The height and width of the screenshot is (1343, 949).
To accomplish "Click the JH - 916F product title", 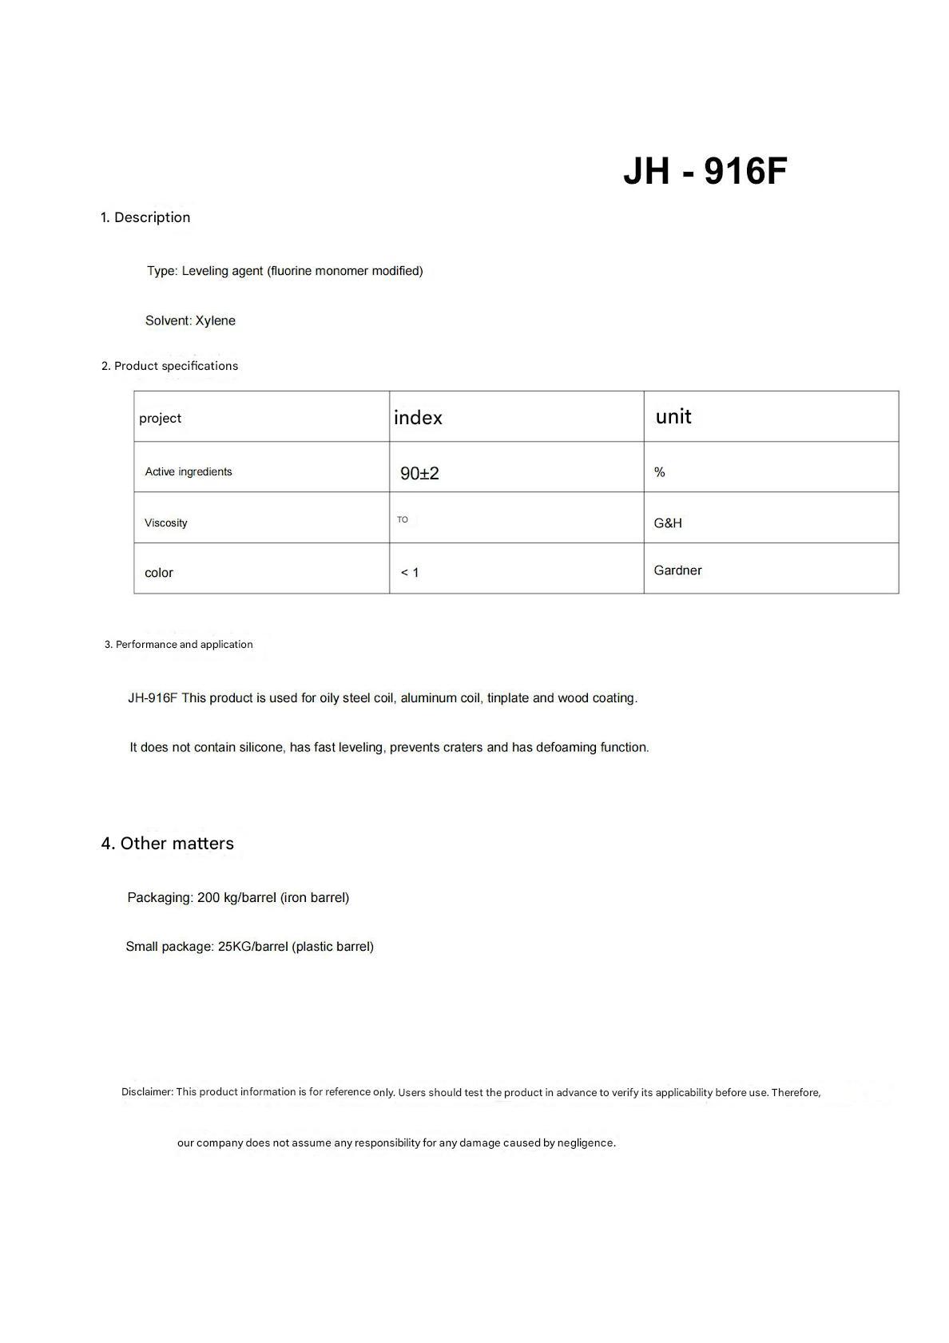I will tap(705, 171).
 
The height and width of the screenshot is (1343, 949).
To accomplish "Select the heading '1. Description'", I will tap(145, 217).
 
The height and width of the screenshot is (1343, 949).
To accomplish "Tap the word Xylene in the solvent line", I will tap(216, 320).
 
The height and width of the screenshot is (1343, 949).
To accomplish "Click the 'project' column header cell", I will tap(161, 418).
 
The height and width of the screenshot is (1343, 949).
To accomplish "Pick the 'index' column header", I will tap(418, 418).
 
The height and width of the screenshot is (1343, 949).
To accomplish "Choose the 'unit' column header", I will tap(673, 416).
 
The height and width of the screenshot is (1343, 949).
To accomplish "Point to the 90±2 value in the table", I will tap(419, 473).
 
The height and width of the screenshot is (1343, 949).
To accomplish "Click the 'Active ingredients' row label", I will tap(189, 472).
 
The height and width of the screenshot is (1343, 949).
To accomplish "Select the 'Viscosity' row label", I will tap(166, 523).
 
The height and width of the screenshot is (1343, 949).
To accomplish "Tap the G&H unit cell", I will tap(668, 523).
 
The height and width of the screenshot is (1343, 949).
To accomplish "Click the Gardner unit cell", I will tap(677, 570).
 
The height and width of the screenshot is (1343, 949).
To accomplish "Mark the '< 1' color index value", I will tap(410, 572).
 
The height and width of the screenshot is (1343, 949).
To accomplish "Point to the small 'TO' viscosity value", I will tap(403, 519).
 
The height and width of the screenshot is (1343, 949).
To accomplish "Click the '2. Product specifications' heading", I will tap(169, 366).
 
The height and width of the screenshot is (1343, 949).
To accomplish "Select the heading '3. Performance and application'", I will tap(178, 645).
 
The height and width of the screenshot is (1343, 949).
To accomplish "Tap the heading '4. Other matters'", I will tap(168, 844).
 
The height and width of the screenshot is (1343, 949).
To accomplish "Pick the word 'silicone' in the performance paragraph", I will tap(261, 748).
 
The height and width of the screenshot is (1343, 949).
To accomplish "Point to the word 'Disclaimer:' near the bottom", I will tap(147, 1091).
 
